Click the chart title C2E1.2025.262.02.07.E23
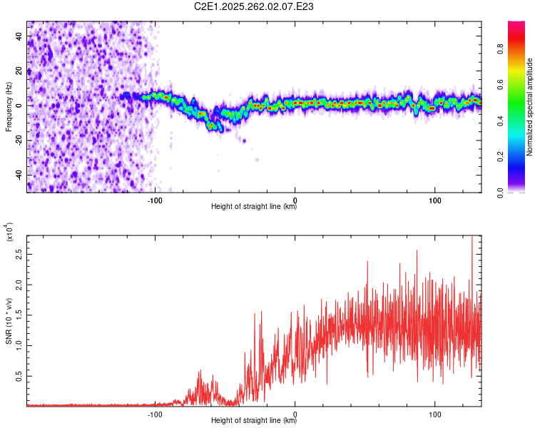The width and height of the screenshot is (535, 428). (254, 6)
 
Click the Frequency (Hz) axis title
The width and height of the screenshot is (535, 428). (9, 106)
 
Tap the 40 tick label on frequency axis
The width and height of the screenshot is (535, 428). (19, 37)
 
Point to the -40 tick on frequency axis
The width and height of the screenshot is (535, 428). (18, 175)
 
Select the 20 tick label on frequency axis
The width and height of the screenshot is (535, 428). (19, 71)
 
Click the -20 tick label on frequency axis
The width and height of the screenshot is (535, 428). (18, 141)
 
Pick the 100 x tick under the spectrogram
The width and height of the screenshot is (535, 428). (435, 200)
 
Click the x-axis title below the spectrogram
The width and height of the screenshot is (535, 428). (254, 207)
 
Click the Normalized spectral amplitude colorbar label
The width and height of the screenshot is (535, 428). (529, 106)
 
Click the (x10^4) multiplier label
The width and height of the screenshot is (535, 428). (9, 233)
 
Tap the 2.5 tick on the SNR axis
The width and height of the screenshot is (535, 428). (18, 253)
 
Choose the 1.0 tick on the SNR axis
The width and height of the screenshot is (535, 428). (18, 345)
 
